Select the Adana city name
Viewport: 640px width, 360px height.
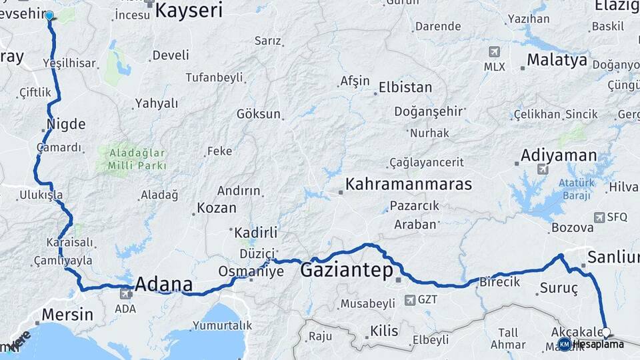(164, 285)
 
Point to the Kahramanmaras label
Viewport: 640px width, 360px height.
(409, 184)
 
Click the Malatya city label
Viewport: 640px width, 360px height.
(557, 60)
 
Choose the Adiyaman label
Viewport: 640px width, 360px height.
(559, 155)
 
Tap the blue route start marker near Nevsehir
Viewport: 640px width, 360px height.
(49, 15)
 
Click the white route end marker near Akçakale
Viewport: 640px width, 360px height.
(606, 331)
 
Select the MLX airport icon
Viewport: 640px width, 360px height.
(494, 52)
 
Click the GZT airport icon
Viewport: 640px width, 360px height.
(409, 300)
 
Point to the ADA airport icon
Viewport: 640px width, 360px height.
(125, 293)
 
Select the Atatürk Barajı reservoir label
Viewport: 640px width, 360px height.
(575, 189)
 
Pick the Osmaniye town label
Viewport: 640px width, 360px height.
(251, 272)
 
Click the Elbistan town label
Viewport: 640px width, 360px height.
(405, 87)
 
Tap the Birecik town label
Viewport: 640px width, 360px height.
(499, 282)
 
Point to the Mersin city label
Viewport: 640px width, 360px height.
(67, 314)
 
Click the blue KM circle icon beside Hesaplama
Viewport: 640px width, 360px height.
(565, 344)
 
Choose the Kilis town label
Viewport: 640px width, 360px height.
(384, 331)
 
